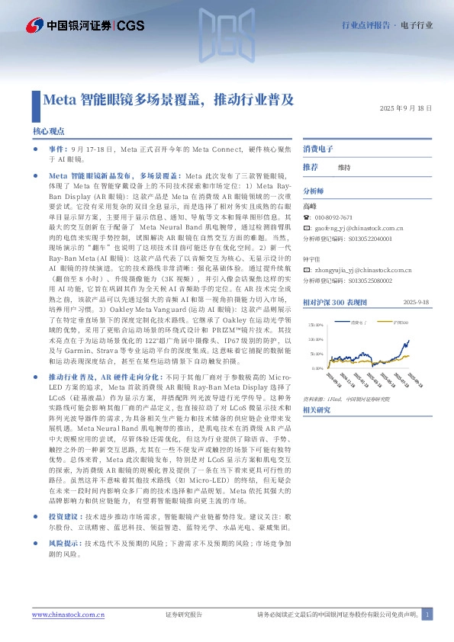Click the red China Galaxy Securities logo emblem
(34, 25)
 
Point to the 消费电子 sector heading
(317, 147)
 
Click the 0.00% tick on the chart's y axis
(317, 368)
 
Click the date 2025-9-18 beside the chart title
(418, 302)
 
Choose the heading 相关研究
(317, 410)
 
